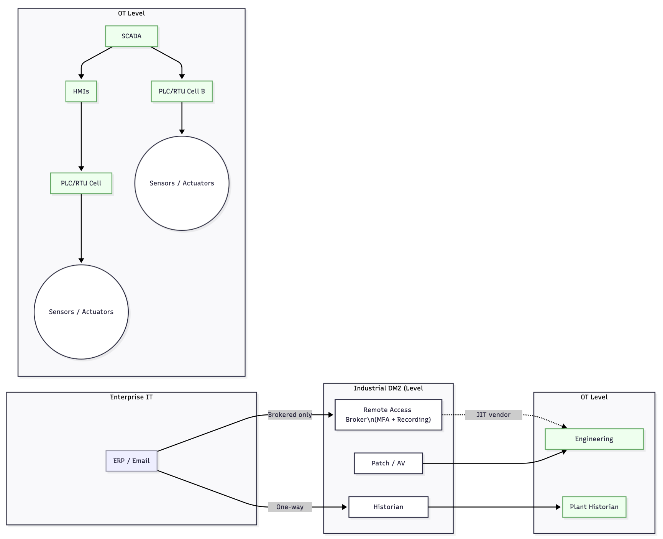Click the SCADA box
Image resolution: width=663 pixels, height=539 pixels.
131,36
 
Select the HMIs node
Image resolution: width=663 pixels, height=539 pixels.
81,91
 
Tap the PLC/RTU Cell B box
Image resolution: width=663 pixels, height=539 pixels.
182,91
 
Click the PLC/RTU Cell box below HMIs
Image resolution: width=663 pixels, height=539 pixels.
81,183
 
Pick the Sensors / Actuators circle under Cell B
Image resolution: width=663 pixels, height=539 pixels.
182,183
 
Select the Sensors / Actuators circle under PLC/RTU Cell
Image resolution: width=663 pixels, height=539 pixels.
81,312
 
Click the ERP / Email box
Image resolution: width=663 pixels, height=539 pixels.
131,461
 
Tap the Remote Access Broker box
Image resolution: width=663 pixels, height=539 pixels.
388,415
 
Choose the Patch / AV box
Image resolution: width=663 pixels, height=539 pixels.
388,463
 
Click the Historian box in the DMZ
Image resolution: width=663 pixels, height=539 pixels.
388,507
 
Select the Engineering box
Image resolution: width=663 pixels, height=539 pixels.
594,439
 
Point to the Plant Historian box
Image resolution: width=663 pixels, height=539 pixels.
594,507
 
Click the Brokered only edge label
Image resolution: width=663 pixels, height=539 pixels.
290,415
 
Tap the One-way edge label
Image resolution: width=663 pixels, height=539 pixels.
290,507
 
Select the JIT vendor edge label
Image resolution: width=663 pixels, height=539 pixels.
493,415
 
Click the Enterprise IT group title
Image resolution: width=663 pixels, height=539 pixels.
131,397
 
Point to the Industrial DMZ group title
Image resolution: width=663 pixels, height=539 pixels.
388,388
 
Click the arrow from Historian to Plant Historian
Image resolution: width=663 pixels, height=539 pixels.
494,507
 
